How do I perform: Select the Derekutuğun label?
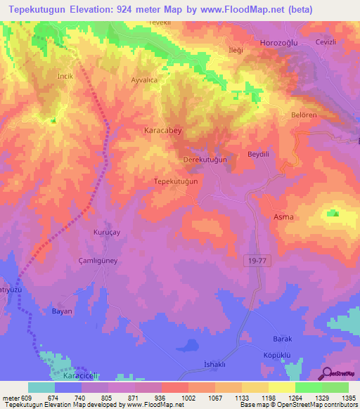tap(205, 160)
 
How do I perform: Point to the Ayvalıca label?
tap(146, 80)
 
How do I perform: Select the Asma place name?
tap(283, 217)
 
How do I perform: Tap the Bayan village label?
tap(63, 311)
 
